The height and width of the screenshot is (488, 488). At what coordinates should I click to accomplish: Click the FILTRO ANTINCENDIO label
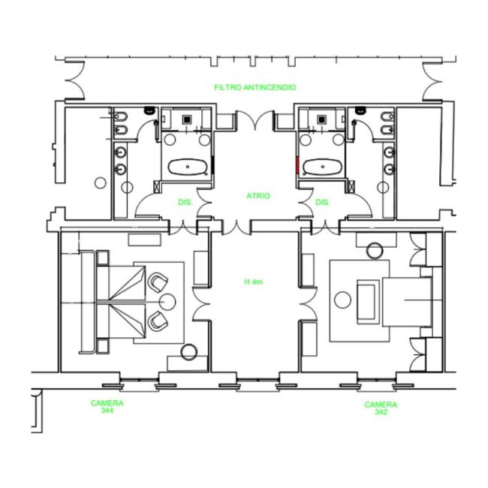point(255,87)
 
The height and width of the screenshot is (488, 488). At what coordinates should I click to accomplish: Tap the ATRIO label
point(258,196)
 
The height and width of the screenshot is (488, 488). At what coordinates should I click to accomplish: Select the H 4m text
point(253,282)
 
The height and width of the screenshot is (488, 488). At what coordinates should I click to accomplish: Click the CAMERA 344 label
point(107,407)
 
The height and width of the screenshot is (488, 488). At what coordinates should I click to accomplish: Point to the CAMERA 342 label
point(381,408)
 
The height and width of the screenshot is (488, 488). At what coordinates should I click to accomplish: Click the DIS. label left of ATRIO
point(185,202)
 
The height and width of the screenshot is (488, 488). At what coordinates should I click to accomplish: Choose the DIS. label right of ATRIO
point(322,202)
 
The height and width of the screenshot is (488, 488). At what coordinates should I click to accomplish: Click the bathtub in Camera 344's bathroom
point(188,167)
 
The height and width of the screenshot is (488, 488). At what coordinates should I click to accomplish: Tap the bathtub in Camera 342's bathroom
point(322,167)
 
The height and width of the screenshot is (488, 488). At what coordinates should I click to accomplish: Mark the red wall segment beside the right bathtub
point(297,164)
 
